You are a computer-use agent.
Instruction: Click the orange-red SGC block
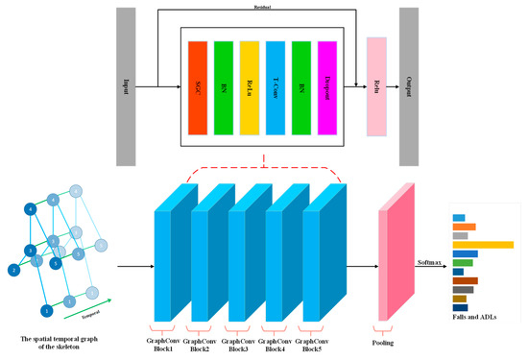(198, 87)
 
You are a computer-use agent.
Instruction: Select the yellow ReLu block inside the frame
(250, 87)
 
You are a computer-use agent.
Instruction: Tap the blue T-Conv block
(276, 87)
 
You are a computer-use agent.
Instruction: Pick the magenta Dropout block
(327, 87)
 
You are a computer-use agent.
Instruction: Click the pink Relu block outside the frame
(376, 87)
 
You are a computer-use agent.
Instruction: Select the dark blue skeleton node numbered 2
(14, 271)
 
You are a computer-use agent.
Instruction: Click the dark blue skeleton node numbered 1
(47, 310)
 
